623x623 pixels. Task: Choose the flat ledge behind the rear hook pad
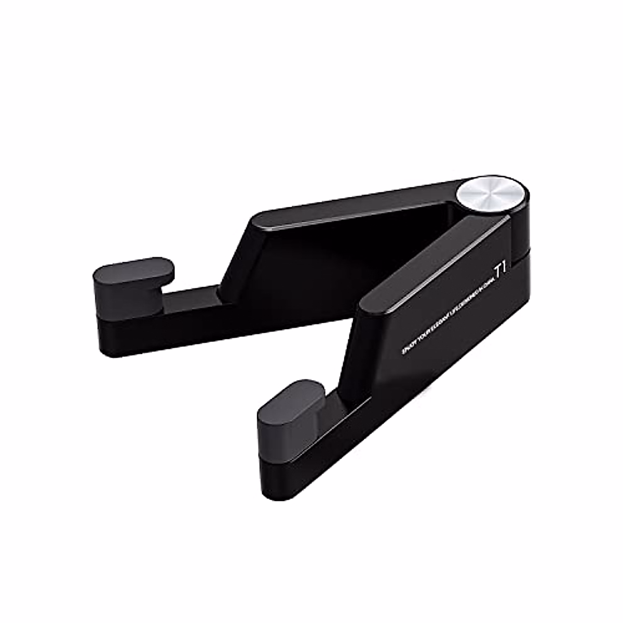(192, 294)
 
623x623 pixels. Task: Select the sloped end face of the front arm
(358, 353)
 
